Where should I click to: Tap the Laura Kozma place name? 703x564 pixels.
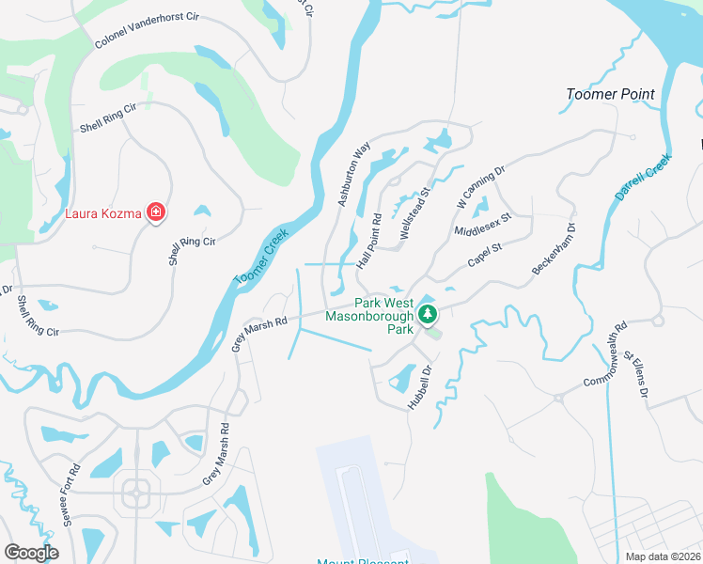tap(103, 213)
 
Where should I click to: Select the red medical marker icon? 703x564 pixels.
tap(156, 213)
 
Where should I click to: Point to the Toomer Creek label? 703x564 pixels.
tap(261, 260)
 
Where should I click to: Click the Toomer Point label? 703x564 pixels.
tap(611, 95)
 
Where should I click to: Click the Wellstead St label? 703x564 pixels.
tap(414, 215)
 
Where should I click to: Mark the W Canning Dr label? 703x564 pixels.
tap(481, 186)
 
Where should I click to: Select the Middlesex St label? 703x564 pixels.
tap(481, 224)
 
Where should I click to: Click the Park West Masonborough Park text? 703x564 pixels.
tap(368, 317)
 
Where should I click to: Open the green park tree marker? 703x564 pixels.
tap(429, 314)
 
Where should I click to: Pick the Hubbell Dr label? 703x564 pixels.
tap(418, 385)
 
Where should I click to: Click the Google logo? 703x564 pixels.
tap(31, 553)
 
